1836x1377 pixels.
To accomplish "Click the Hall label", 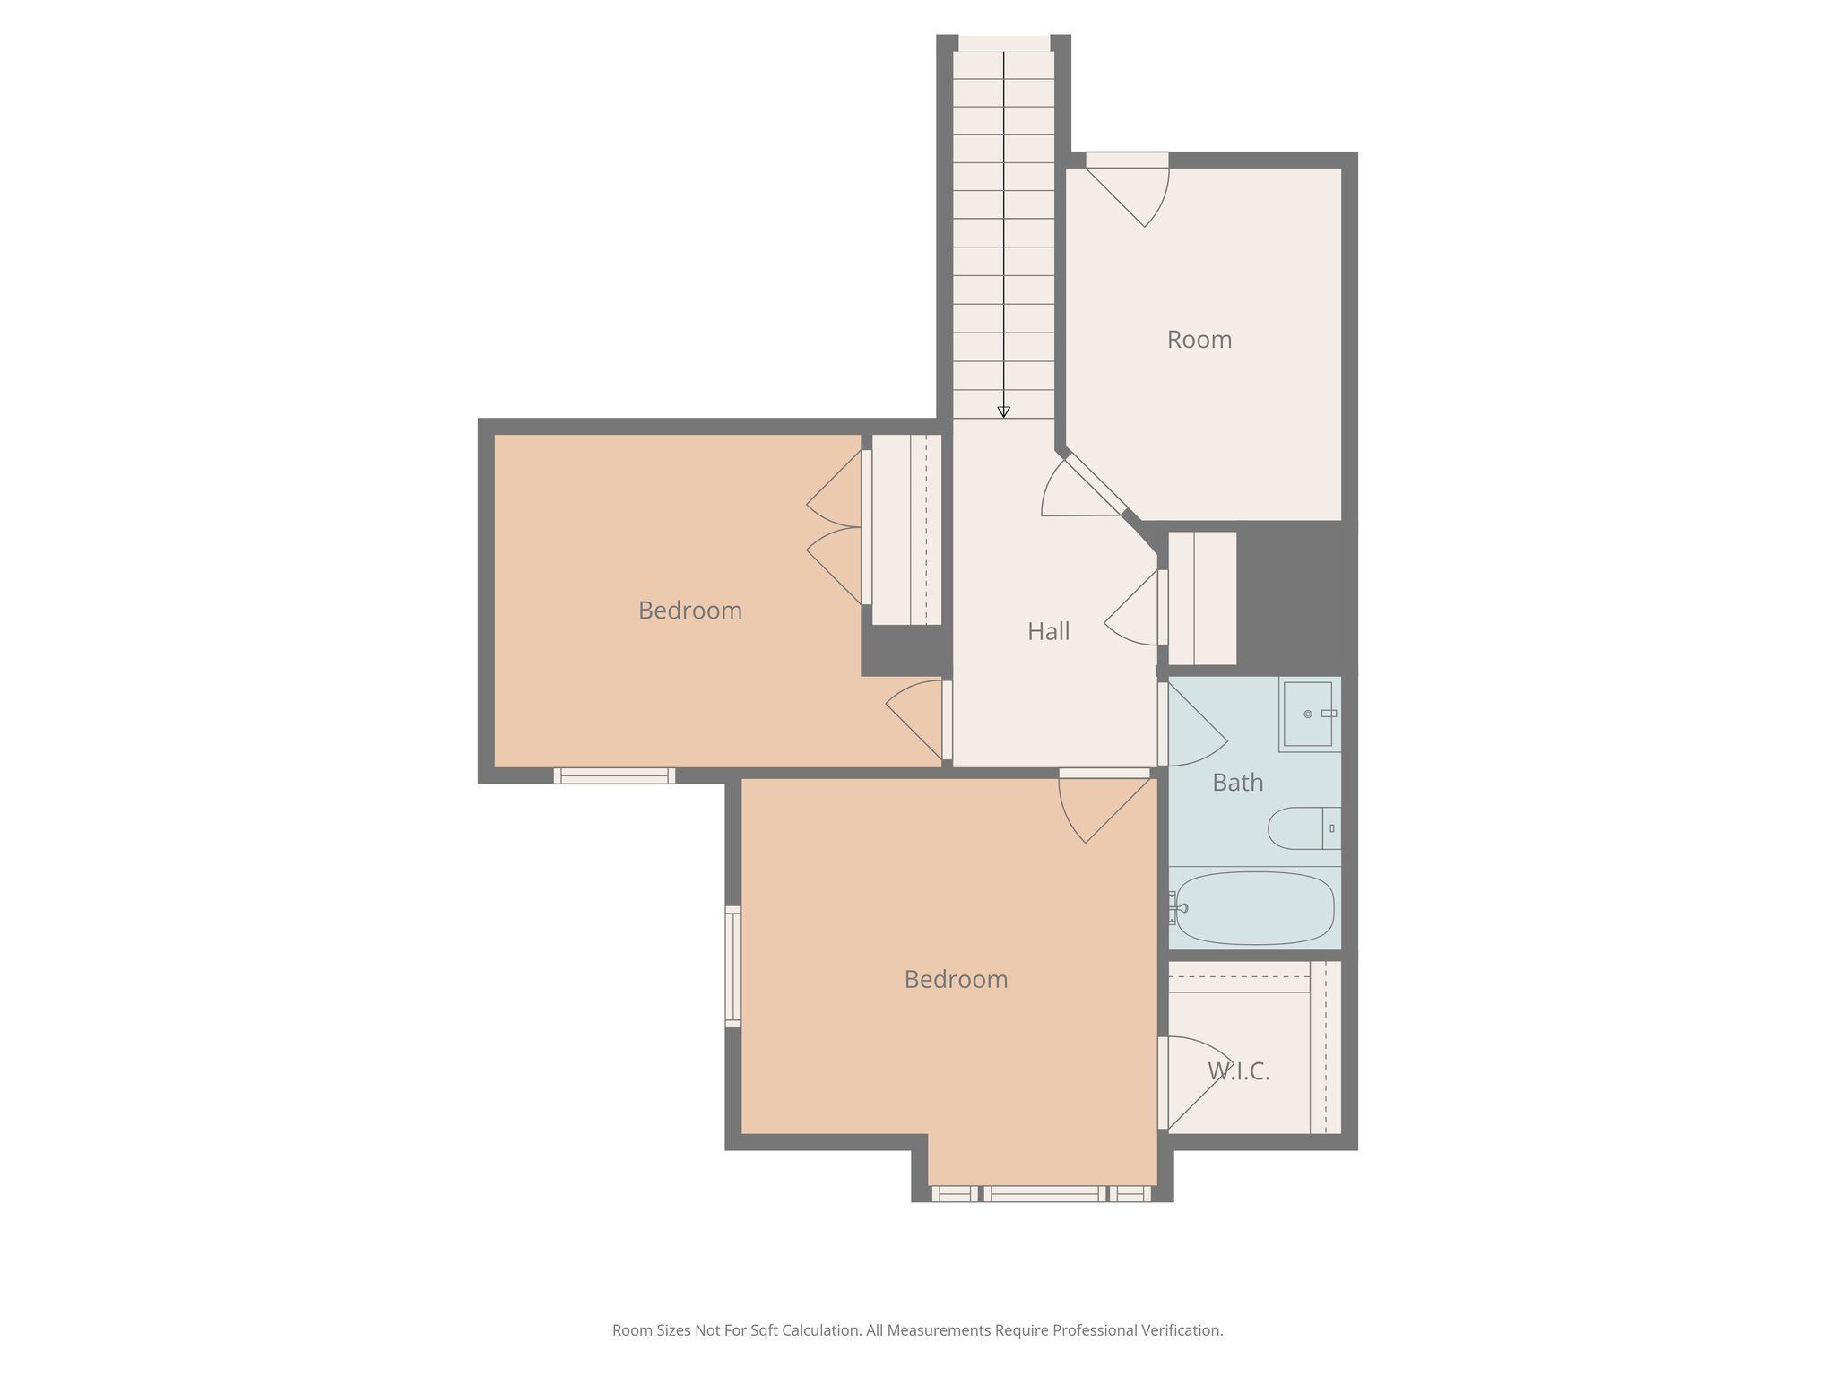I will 1048,632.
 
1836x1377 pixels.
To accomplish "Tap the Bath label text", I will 1237,783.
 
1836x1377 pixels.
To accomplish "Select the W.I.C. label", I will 1239,1070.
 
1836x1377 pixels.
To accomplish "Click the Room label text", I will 1199,340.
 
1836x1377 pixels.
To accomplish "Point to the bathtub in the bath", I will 1255,908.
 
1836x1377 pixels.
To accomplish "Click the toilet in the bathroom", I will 1300,827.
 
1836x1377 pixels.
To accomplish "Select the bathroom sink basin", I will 1307,714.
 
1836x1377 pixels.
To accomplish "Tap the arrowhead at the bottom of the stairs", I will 1003,412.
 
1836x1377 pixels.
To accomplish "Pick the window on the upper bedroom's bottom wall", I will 614,775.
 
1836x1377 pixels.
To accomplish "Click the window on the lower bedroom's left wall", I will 733,966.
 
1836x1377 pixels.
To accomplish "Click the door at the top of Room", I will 1128,190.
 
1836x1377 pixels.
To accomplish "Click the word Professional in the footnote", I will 1094,1330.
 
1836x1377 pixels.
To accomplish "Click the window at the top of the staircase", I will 1004,43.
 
